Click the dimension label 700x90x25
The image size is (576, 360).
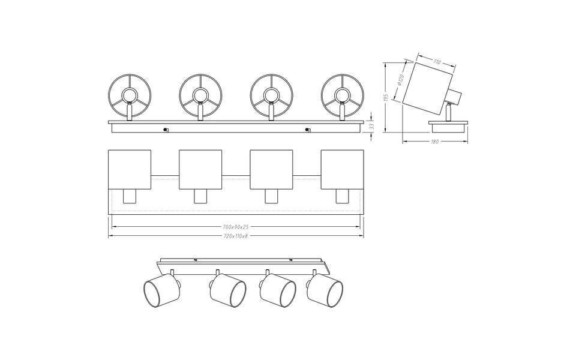pyautogui.click(x=235, y=227)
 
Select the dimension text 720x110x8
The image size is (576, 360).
pyautogui.click(x=235, y=236)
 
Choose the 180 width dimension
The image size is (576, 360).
pyautogui.click(x=435, y=142)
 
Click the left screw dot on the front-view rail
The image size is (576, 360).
pyautogui.click(x=166, y=130)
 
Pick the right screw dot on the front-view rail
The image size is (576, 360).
pyautogui.click(x=307, y=130)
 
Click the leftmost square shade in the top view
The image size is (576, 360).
pyautogui.click(x=128, y=170)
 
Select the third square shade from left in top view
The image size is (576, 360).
pyautogui.click(x=271, y=170)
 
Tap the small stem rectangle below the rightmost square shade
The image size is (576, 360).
pyautogui.click(x=341, y=196)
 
